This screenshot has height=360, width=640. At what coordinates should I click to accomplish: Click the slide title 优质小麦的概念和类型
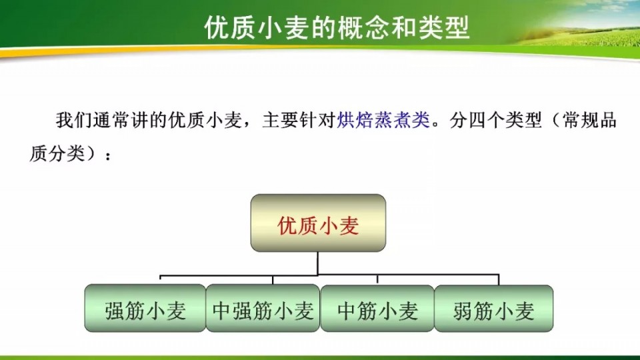pos(337,28)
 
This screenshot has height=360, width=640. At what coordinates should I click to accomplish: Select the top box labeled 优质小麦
pos(318,223)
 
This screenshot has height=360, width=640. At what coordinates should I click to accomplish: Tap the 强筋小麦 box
pos(145,308)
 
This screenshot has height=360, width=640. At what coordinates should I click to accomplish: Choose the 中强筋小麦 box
pos(263,308)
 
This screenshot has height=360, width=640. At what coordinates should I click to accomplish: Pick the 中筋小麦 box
pos(377,309)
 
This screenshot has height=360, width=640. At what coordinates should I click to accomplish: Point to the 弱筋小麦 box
pos(493,309)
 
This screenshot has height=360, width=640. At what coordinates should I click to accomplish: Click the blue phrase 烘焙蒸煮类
pos(383,121)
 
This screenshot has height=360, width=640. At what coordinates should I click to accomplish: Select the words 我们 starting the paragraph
pos(74,121)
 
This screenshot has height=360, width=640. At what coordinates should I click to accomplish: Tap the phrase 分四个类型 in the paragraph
pos(495,121)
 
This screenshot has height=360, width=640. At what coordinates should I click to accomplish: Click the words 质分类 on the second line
pos(57,153)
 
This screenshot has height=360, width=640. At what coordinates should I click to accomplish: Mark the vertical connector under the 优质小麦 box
pos(317,263)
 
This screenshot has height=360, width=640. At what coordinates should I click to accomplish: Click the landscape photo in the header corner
pos(576,25)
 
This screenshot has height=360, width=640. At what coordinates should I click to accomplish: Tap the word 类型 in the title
pos(444,28)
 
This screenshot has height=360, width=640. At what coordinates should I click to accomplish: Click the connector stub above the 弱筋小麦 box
pos(499,279)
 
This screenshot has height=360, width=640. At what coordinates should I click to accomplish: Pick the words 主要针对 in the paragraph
pos(299,121)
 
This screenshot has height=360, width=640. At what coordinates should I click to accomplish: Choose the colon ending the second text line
pos(108,155)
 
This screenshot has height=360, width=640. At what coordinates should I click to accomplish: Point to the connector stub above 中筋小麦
pos(377,279)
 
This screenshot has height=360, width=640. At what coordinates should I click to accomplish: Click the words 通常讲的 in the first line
pos(131,121)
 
